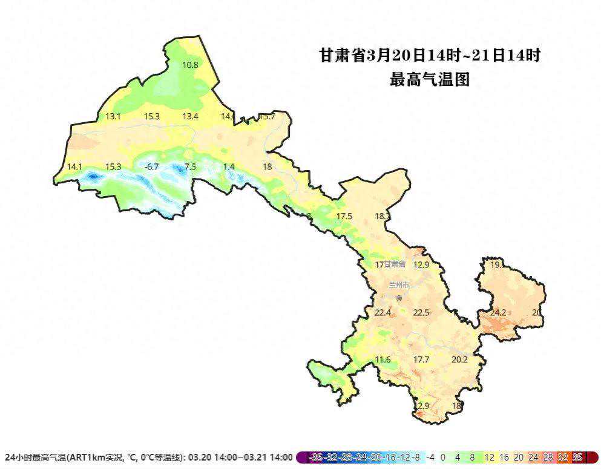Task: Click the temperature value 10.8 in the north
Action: pyautogui.click(x=190, y=65)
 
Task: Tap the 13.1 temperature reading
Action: pyautogui.click(x=113, y=116)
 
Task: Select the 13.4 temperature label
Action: pyautogui.click(x=191, y=116)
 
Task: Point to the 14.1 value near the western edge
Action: pyautogui.click(x=74, y=166)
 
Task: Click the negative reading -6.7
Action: pyautogui.click(x=151, y=166)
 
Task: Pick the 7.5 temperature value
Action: pyautogui.click(x=190, y=166)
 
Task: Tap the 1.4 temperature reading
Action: pyautogui.click(x=229, y=166)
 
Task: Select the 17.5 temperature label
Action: pyautogui.click(x=344, y=216)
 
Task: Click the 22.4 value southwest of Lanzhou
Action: pyautogui.click(x=383, y=312)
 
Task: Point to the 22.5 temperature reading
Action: pyautogui.click(x=421, y=312)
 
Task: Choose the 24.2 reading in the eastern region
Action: pyautogui.click(x=498, y=312)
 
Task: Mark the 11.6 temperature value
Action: pyautogui.click(x=383, y=359)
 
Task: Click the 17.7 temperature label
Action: pyautogui.click(x=421, y=359)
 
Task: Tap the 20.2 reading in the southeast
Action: pyautogui.click(x=460, y=359)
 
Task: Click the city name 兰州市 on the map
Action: pyautogui.click(x=399, y=284)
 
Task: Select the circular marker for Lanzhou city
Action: pyautogui.click(x=399, y=298)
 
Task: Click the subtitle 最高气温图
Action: pyautogui.click(x=430, y=79)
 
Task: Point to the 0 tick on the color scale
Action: pyautogui.click(x=443, y=458)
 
